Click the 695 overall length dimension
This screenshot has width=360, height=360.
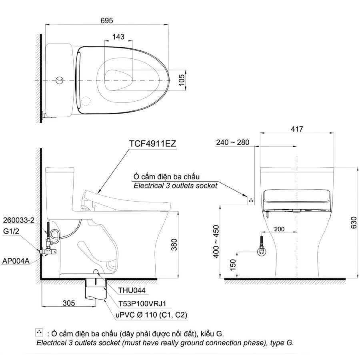click(107, 20)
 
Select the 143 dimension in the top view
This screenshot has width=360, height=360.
click(118, 37)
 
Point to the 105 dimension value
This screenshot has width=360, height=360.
click(181, 80)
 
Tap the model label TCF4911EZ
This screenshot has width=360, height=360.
click(153, 144)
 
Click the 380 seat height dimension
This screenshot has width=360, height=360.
click(174, 244)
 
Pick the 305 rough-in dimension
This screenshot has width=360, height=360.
click(69, 303)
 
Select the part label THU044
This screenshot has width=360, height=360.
click(132, 290)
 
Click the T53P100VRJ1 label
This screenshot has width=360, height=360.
click(142, 304)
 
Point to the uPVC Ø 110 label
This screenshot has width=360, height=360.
click(152, 315)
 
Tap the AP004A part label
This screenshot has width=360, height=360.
click(16, 261)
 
